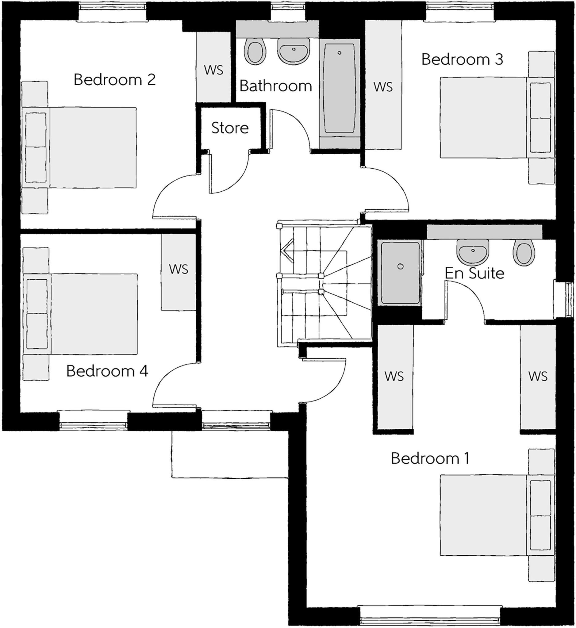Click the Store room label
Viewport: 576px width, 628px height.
click(x=230, y=128)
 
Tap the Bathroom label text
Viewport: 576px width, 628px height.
click(x=275, y=86)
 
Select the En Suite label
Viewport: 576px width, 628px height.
click(x=474, y=273)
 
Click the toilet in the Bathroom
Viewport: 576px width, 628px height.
click(x=255, y=52)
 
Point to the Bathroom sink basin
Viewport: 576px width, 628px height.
click(x=294, y=51)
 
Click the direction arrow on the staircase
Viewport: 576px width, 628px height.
click(x=287, y=251)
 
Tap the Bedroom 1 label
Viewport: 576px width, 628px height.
click(x=430, y=458)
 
